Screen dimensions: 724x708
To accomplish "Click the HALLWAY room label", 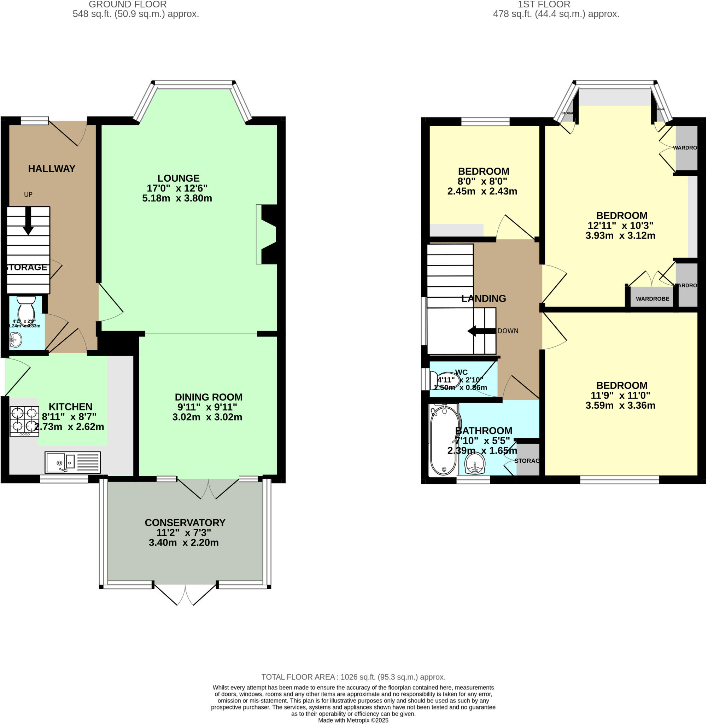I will pos(52,169).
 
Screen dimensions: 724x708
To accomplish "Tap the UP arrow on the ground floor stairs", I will pos(28,222).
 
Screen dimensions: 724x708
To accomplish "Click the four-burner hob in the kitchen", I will pos(24,421).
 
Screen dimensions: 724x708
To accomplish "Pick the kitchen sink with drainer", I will pos(72,462).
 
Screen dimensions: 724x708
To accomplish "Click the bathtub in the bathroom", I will pos(443,440).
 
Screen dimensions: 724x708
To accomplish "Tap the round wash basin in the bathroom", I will pos(475,463).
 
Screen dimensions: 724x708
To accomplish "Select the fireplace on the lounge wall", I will pos(269,234).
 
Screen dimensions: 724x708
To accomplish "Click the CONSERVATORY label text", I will pos(185,522).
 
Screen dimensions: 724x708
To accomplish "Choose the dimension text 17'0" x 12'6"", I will pos(177,188).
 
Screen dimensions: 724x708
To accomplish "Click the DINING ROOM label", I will pos(208,397).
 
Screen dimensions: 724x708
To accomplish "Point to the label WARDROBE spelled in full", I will pos(652,299).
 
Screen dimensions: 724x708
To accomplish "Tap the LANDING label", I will pos(484,299).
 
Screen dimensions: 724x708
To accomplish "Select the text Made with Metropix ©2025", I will pos(353,720).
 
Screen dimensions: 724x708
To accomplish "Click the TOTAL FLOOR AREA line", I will pos(353,677).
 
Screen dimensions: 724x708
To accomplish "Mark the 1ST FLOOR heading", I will pos(544,5).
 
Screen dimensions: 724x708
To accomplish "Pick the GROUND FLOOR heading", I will pos(128,5).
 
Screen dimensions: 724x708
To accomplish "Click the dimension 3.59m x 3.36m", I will pos(620,405).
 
